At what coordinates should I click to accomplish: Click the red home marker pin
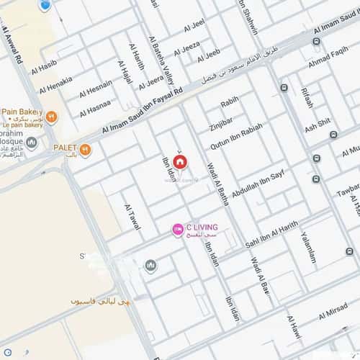[x=179, y=161]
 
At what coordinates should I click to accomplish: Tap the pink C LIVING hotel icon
[x=177, y=229]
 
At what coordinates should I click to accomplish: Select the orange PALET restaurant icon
[x=86, y=149]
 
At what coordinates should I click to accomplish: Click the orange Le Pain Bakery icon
[x=51, y=116]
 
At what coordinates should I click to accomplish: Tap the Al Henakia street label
[x=55, y=84]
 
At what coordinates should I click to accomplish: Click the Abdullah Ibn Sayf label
[x=258, y=177]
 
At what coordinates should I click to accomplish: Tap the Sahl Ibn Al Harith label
[x=271, y=234]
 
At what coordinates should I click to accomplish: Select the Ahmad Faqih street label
[x=328, y=54]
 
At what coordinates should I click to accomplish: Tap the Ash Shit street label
[x=317, y=124]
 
